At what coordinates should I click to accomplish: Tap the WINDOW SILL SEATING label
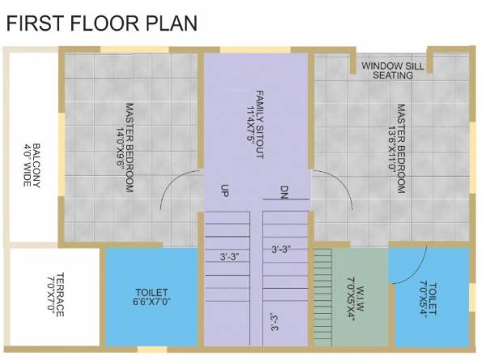393,71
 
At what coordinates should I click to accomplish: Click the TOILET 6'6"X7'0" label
151,296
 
